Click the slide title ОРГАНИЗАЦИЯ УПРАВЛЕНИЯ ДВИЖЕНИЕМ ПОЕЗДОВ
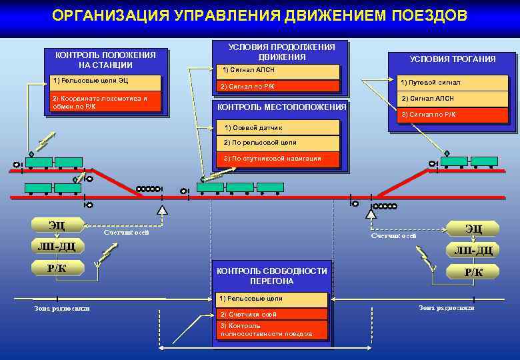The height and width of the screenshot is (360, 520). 259,15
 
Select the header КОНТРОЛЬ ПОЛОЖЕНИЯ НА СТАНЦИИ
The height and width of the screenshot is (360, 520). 105,60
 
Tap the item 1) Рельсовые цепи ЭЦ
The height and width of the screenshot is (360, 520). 105,82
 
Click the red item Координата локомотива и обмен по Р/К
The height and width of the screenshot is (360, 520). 105,102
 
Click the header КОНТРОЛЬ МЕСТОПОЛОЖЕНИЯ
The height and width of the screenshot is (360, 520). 282,107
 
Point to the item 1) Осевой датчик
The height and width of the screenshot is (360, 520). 279,127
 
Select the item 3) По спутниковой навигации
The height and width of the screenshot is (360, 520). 279,159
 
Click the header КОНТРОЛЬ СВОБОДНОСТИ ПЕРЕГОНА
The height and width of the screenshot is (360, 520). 272,276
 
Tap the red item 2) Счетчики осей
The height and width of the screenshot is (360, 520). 272,314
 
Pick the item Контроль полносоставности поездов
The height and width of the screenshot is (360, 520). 272,329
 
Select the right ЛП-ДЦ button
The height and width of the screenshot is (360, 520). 473,251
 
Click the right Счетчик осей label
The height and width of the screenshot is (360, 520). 393,236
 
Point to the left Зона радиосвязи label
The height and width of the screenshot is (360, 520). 62,309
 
